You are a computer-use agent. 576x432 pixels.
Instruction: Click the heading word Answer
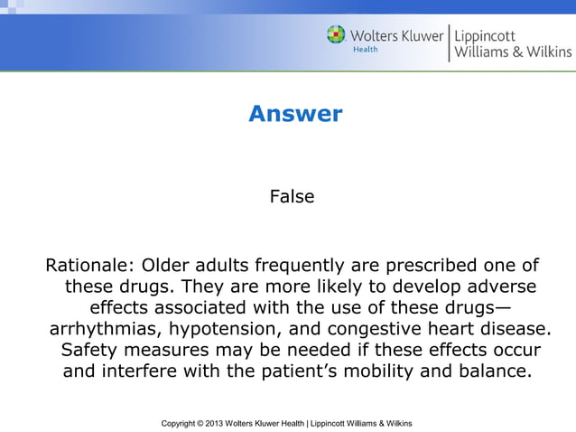pos(295,114)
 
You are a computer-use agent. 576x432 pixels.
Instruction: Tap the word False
pos(292,195)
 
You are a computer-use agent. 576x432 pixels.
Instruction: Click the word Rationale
pos(88,266)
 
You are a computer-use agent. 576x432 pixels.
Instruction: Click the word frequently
pos(302,266)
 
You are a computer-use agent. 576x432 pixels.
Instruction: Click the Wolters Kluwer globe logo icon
pos(336,35)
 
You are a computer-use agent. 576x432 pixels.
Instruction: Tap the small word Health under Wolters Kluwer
pos(365,51)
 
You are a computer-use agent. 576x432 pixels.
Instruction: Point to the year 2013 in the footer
pos(225,423)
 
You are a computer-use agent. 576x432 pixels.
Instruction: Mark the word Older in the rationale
pos(166,266)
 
